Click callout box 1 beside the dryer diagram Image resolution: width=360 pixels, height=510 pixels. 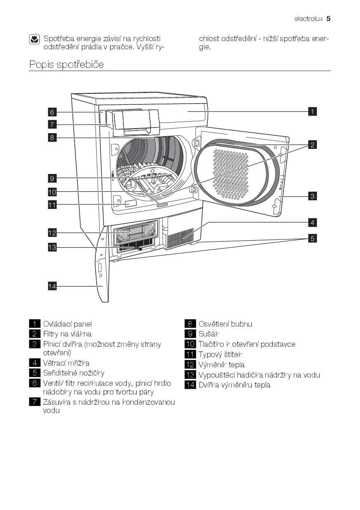[x=312, y=111]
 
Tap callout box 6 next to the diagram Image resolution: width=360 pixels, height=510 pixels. [x=52, y=112]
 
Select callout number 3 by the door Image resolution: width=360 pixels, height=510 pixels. [x=312, y=196]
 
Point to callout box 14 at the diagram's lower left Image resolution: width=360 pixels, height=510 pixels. [x=52, y=286]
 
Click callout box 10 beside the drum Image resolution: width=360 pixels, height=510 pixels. [x=52, y=192]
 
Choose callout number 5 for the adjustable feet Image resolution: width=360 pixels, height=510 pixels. [x=312, y=238]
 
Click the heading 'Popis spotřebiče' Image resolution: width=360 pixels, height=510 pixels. [x=66, y=65]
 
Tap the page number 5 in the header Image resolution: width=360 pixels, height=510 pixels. [x=328, y=19]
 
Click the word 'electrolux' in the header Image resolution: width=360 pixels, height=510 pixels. [x=309, y=19]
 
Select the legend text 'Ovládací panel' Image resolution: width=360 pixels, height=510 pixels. [x=67, y=324]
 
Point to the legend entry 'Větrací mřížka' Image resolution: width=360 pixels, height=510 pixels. [x=66, y=363]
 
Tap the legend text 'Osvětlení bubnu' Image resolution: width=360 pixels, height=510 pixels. [x=225, y=324]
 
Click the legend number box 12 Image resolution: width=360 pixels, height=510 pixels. [x=190, y=364]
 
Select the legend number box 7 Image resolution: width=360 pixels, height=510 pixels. [x=35, y=402]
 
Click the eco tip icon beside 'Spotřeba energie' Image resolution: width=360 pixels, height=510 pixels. [x=34, y=39]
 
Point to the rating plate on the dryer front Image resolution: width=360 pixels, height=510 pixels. [x=130, y=203]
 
